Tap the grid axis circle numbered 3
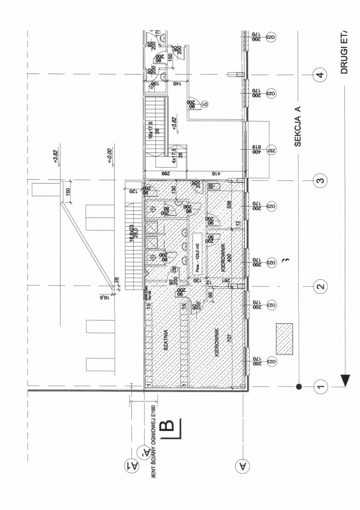pos(321,180)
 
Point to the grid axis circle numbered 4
pos(321,76)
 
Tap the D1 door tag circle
pos(205,104)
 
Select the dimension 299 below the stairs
pos(166,173)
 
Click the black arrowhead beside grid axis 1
pos(345,381)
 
